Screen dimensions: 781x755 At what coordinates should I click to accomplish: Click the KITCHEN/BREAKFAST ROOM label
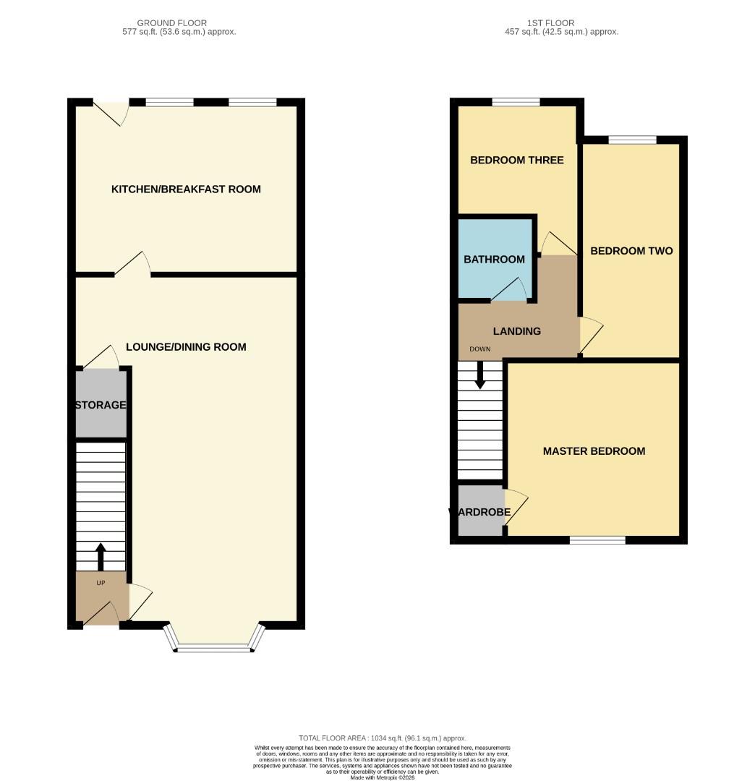186,189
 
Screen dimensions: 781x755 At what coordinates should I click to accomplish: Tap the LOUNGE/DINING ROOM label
186,347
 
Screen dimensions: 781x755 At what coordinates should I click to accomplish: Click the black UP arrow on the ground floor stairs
101,556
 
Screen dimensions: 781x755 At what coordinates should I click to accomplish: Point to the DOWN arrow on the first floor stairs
479,375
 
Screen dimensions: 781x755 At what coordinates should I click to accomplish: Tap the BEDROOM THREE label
516,160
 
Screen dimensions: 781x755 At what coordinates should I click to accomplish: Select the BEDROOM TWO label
631,251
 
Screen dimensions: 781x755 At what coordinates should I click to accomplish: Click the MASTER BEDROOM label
594,451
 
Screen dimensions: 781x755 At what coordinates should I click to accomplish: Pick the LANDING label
516,331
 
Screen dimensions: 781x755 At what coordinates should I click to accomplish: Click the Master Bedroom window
597,539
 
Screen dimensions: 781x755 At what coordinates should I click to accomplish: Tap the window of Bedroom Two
631,140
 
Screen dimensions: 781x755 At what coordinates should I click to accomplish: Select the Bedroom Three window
516,102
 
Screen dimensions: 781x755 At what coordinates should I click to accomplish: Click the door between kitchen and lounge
132,265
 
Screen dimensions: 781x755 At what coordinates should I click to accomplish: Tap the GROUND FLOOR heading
172,23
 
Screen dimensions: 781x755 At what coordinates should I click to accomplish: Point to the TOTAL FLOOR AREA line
383,738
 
